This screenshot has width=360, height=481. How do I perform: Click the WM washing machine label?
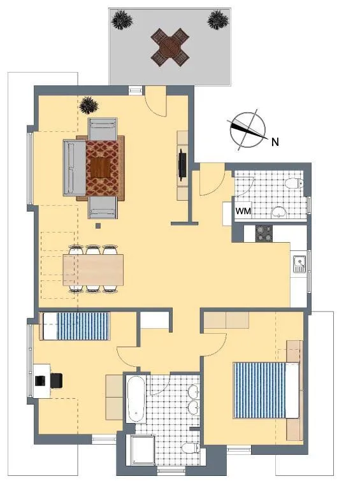[x=243, y=211]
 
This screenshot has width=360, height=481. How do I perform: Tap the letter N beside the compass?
[x=275, y=141]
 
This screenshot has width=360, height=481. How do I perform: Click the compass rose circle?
[x=248, y=130]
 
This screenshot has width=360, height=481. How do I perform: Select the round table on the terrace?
[x=169, y=47]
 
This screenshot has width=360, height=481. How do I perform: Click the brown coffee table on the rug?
[x=101, y=167]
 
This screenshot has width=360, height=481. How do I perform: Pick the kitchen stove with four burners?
[x=264, y=233]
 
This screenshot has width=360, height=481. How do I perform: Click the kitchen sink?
[x=299, y=264]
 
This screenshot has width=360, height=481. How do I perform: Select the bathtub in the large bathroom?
[x=136, y=398]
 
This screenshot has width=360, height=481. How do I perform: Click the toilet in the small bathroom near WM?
[x=294, y=183]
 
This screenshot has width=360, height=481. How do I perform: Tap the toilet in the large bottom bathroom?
[x=191, y=448]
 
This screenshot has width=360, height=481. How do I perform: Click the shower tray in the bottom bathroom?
[x=143, y=450]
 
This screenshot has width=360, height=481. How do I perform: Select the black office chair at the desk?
[x=57, y=380]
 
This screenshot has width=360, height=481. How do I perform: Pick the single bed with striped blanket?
[x=76, y=326]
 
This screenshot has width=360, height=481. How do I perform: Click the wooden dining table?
[x=93, y=270]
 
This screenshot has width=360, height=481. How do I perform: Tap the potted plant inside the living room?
[x=89, y=105]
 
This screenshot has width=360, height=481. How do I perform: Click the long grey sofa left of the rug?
[x=75, y=168]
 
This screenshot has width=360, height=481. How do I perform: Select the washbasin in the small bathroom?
[x=278, y=212]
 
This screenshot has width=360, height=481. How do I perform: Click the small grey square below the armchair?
[x=98, y=226]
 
